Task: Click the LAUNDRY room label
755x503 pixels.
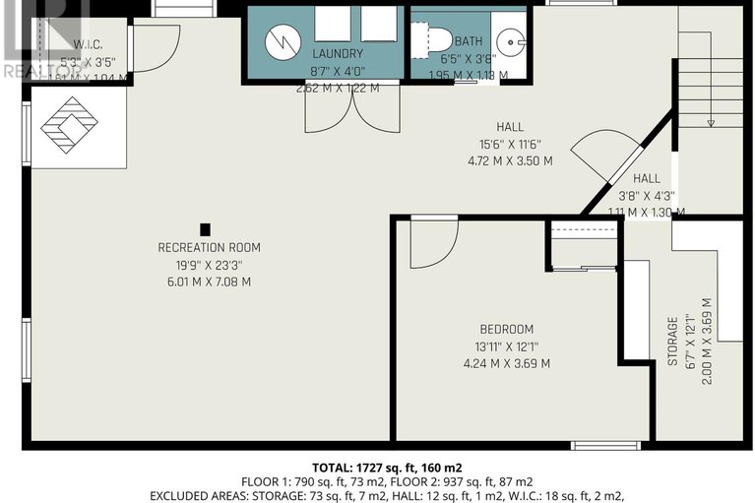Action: coord(337,53)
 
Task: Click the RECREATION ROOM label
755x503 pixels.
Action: coord(209,247)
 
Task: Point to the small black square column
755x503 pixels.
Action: coord(207,227)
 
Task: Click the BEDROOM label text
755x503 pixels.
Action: coord(507,329)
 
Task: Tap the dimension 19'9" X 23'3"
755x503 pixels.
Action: coord(209,264)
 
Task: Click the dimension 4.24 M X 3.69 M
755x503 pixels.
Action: coord(507,363)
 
